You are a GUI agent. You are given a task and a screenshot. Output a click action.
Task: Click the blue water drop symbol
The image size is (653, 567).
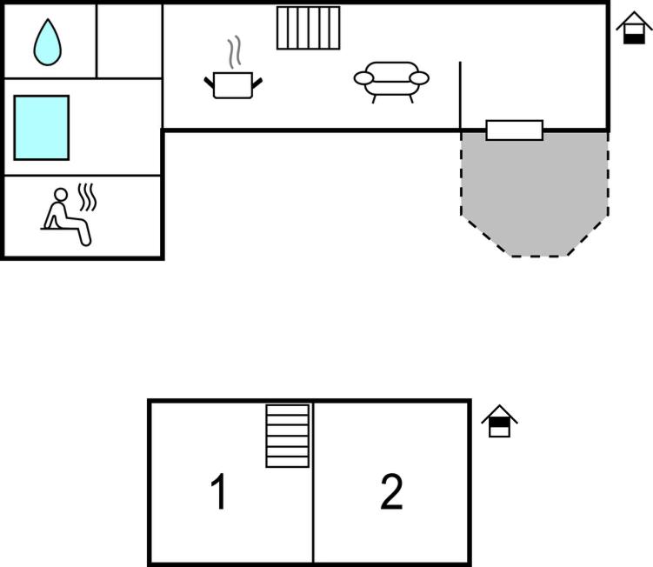pos(47,43)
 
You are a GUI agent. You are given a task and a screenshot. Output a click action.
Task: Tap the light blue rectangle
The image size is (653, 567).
pos(41,127)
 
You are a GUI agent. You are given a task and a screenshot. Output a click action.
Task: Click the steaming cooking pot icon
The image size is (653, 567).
pos(233,84)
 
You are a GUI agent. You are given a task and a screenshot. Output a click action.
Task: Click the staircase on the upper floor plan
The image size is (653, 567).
pos(308,28)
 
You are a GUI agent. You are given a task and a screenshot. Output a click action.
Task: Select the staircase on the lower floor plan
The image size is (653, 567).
pos(288,436)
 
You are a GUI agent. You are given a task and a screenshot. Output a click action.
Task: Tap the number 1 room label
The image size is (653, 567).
pos(219,493)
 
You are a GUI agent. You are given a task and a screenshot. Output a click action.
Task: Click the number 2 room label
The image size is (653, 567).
pos(392,493)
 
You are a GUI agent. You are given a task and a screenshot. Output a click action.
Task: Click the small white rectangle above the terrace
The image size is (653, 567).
pos(514,130)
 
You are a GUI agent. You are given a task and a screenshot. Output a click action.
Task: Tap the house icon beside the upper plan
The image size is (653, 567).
pos(634,29)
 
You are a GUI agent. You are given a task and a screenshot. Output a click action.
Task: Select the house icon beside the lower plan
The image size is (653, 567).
pos(499,422)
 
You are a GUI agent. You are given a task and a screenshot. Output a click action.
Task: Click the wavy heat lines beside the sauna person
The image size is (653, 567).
pos(87,197)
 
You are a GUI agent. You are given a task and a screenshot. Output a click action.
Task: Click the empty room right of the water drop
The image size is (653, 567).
pos(129,41)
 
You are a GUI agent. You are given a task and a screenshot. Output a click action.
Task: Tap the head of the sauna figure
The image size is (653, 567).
pos(62,195)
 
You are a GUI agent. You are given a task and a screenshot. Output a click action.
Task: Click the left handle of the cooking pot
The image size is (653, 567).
pos(209,82)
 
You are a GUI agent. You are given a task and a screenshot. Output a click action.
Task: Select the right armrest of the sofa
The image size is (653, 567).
pos(419,78)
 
